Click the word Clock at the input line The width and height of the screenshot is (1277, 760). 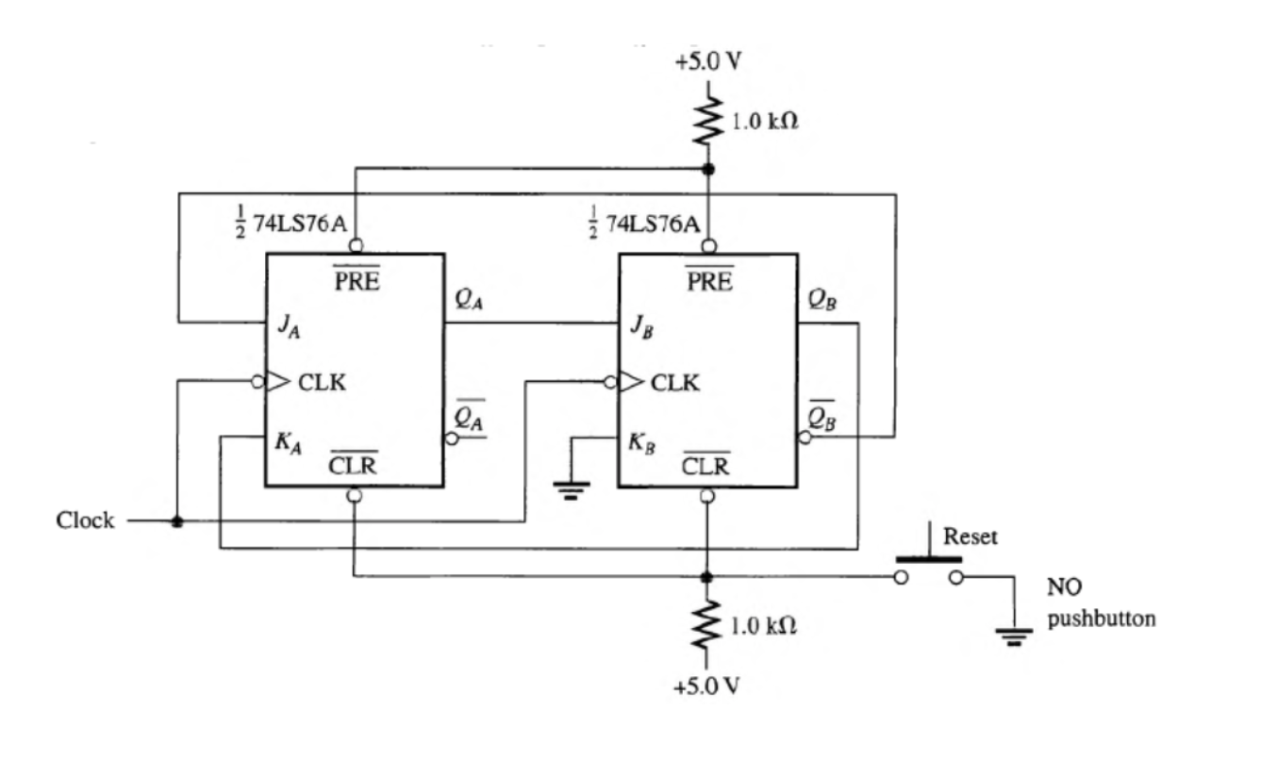click(x=85, y=520)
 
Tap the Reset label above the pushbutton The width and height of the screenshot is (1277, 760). click(x=970, y=537)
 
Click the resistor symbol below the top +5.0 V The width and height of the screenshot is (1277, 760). click(x=707, y=121)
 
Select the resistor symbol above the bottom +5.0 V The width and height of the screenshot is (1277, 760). click(x=707, y=625)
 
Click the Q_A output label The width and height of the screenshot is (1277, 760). click(x=469, y=300)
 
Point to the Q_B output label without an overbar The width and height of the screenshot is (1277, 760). click(x=822, y=300)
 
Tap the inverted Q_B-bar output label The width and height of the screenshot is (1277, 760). click(x=822, y=416)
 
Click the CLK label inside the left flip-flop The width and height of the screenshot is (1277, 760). click(x=322, y=383)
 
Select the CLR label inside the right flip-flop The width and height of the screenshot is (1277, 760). click(x=705, y=464)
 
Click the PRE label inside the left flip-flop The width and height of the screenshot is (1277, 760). click(x=357, y=280)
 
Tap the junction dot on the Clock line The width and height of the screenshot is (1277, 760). click(x=176, y=521)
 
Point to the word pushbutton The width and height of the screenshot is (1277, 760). click(x=1101, y=620)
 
